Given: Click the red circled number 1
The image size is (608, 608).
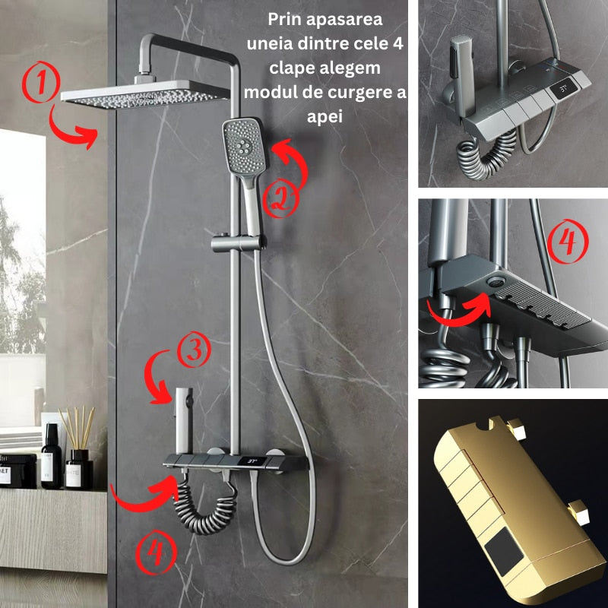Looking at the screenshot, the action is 41,82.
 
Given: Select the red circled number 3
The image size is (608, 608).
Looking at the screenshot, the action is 194,349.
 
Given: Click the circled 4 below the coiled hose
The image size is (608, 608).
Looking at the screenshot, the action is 156,553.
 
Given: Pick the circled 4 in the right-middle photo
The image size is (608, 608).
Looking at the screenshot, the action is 568,241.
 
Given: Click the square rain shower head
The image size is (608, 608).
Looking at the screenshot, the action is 145,93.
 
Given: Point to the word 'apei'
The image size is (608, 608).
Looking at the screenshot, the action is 325,116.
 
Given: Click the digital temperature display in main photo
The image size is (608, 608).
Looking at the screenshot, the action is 253,461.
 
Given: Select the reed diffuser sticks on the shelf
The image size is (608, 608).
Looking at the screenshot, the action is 77,428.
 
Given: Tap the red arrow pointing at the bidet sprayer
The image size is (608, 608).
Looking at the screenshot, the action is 157,378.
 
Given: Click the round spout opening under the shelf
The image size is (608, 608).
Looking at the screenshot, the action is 496,281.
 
